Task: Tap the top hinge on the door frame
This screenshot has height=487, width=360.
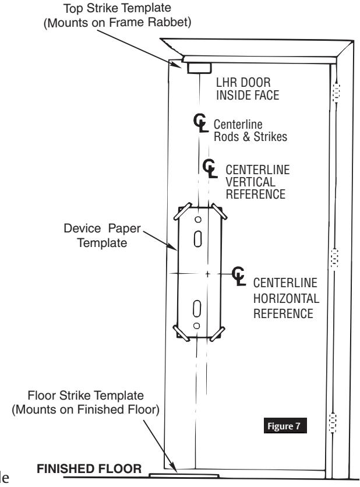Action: [x=336, y=92]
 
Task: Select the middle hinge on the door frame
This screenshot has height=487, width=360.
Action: [x=334, y=258]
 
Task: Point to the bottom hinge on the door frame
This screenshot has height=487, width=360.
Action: [x=333, y=422]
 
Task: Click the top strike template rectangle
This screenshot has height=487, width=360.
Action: [x=199, y=68]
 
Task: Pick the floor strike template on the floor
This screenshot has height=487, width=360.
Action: [x=184, y=475]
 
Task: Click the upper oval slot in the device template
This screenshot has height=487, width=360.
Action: [x=198, y=238]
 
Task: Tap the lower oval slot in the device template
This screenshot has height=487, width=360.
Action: [x=197, y=309]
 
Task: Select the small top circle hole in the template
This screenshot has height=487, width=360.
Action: [x=198, y=220]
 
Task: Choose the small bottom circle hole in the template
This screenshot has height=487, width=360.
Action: [x=196, y=326]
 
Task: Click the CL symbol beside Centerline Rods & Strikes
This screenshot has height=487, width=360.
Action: [x=200, y=123]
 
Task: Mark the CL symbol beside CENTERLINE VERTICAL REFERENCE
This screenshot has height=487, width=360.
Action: [x=210, y=168]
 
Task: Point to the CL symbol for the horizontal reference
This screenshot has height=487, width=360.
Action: [x=239, y=276]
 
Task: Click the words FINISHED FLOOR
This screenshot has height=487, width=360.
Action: [x=89, y=469]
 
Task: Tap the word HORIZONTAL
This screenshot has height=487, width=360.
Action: [x=286, y=298]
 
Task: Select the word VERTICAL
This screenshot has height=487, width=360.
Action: [x=250, y=182]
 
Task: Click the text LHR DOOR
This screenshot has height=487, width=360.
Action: [x=243, y=83]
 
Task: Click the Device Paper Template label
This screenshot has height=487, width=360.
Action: [x=102, y=235]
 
